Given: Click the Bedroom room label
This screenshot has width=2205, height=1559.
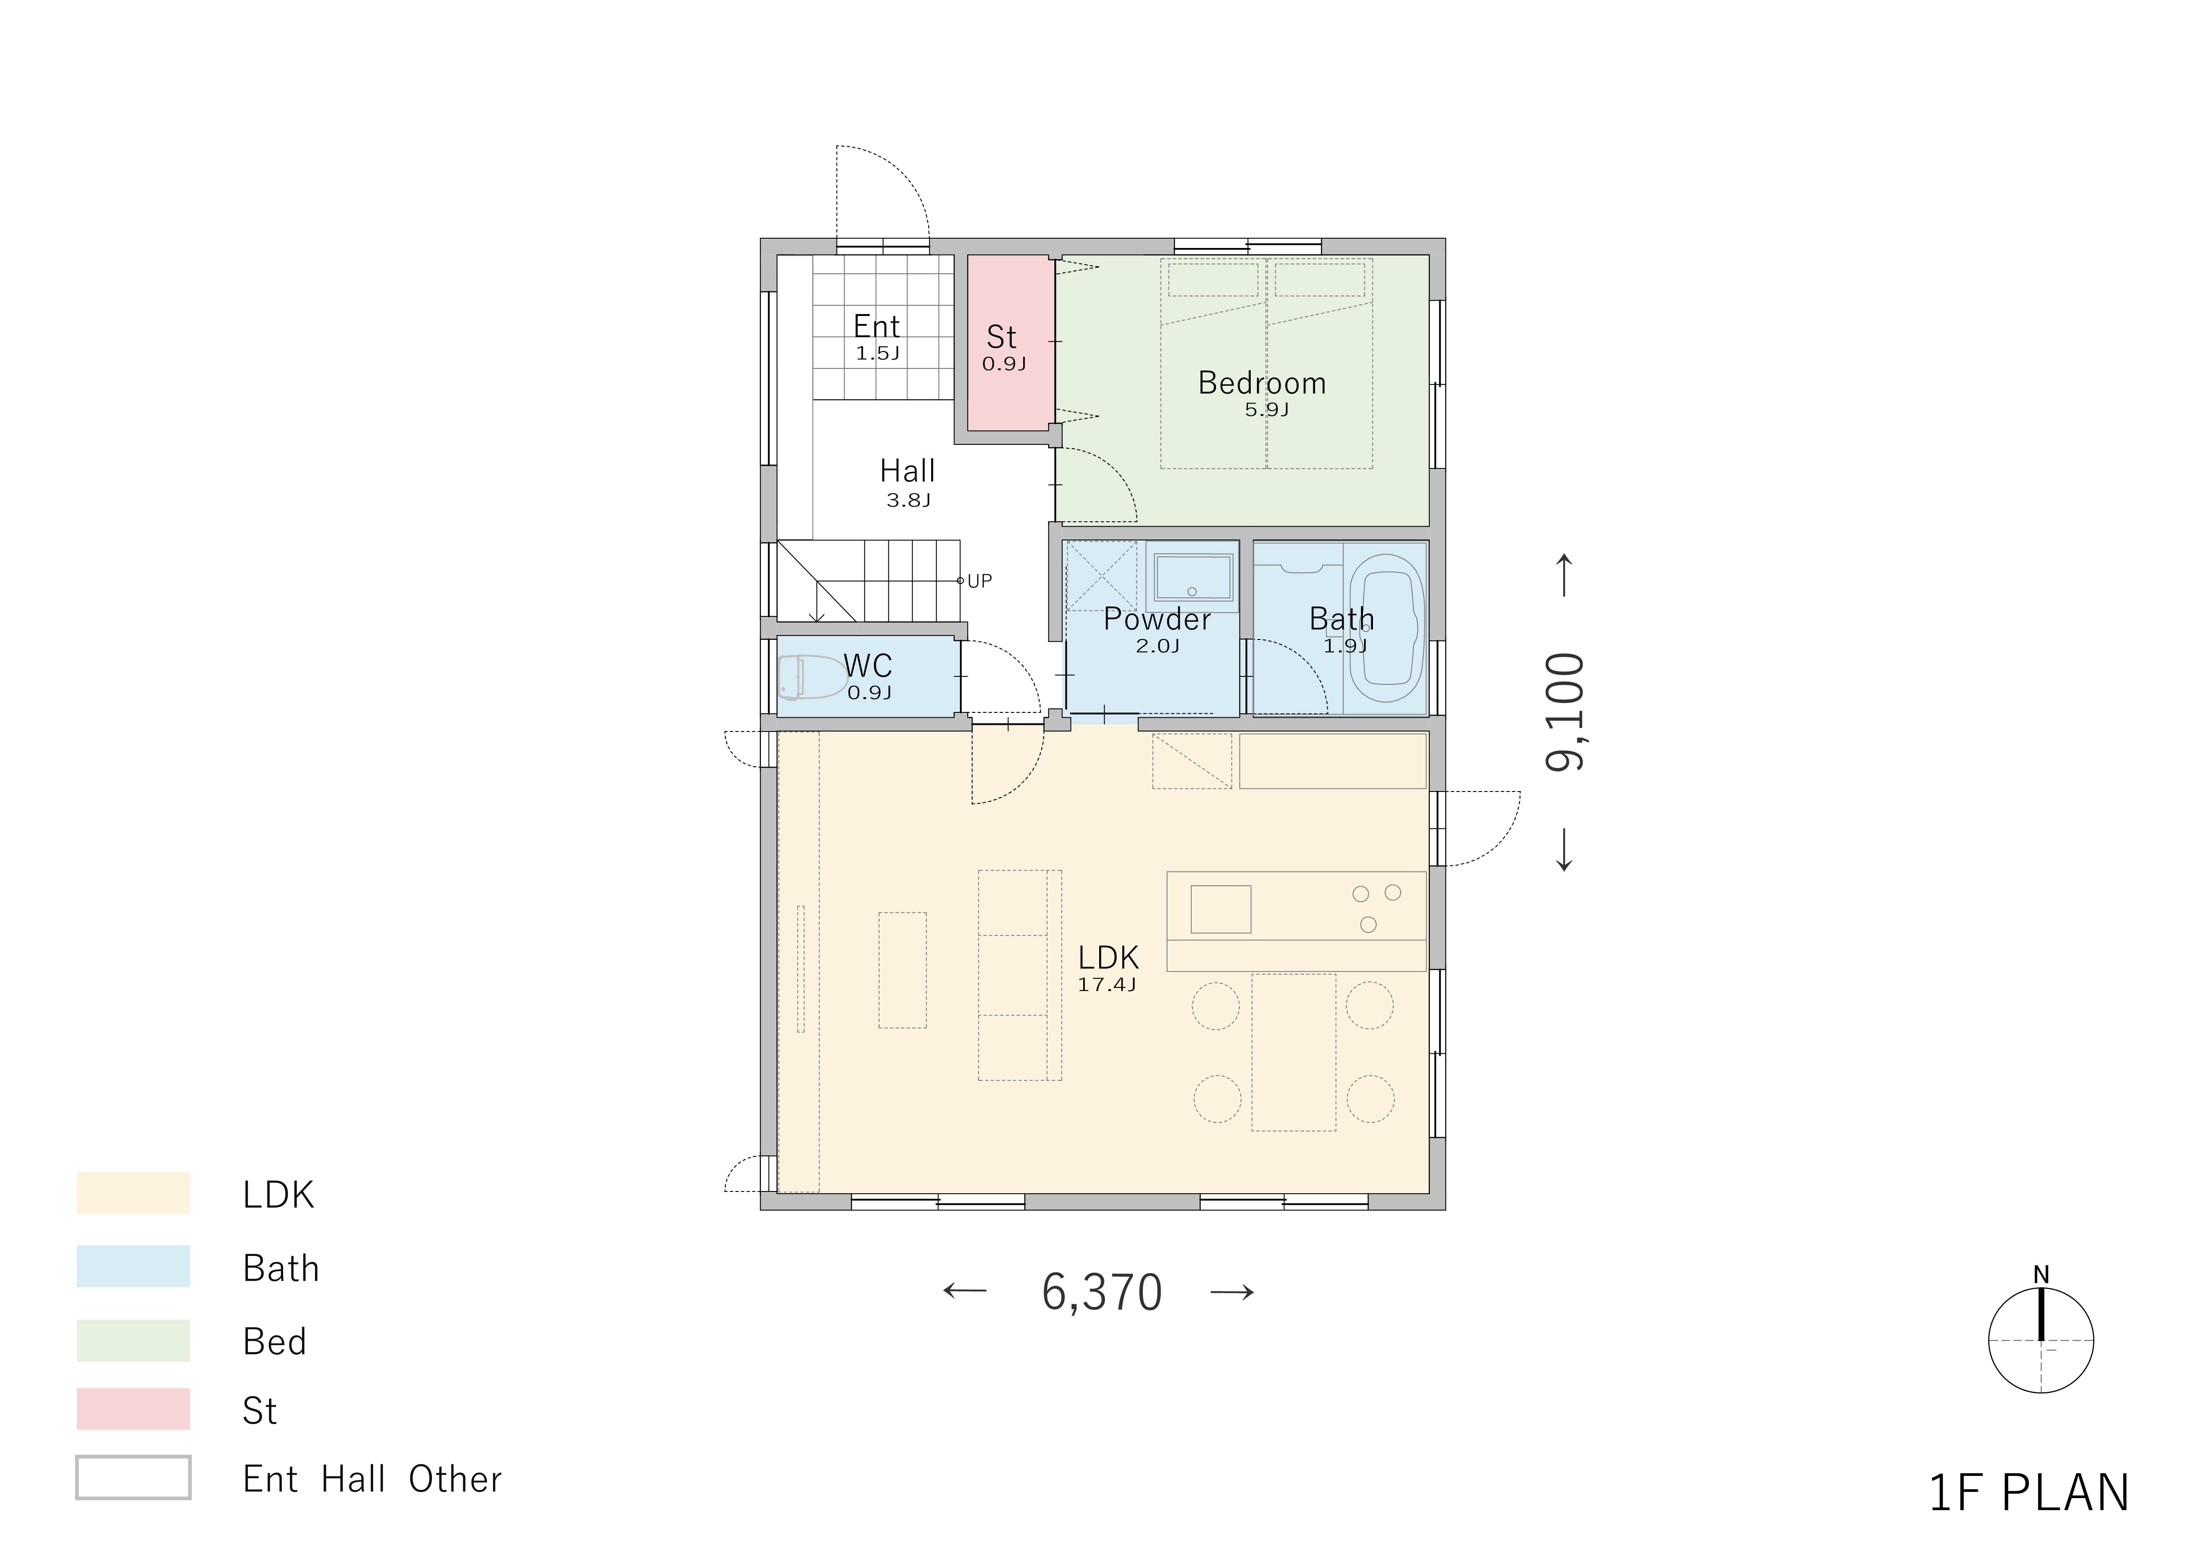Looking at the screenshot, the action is [1262, 383].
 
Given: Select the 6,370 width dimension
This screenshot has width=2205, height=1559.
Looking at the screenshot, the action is [1101, 1292].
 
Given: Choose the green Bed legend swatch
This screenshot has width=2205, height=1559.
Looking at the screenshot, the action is [133, 1340].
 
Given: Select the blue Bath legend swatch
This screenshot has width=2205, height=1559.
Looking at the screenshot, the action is [133, 1266].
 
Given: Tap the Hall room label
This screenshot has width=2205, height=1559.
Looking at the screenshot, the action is [908, 472].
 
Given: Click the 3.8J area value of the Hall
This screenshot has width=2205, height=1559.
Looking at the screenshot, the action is [908, 500].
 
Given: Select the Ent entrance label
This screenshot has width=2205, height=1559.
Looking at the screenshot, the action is [877, 326].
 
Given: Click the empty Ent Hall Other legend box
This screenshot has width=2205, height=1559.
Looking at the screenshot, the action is [133, 1477].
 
